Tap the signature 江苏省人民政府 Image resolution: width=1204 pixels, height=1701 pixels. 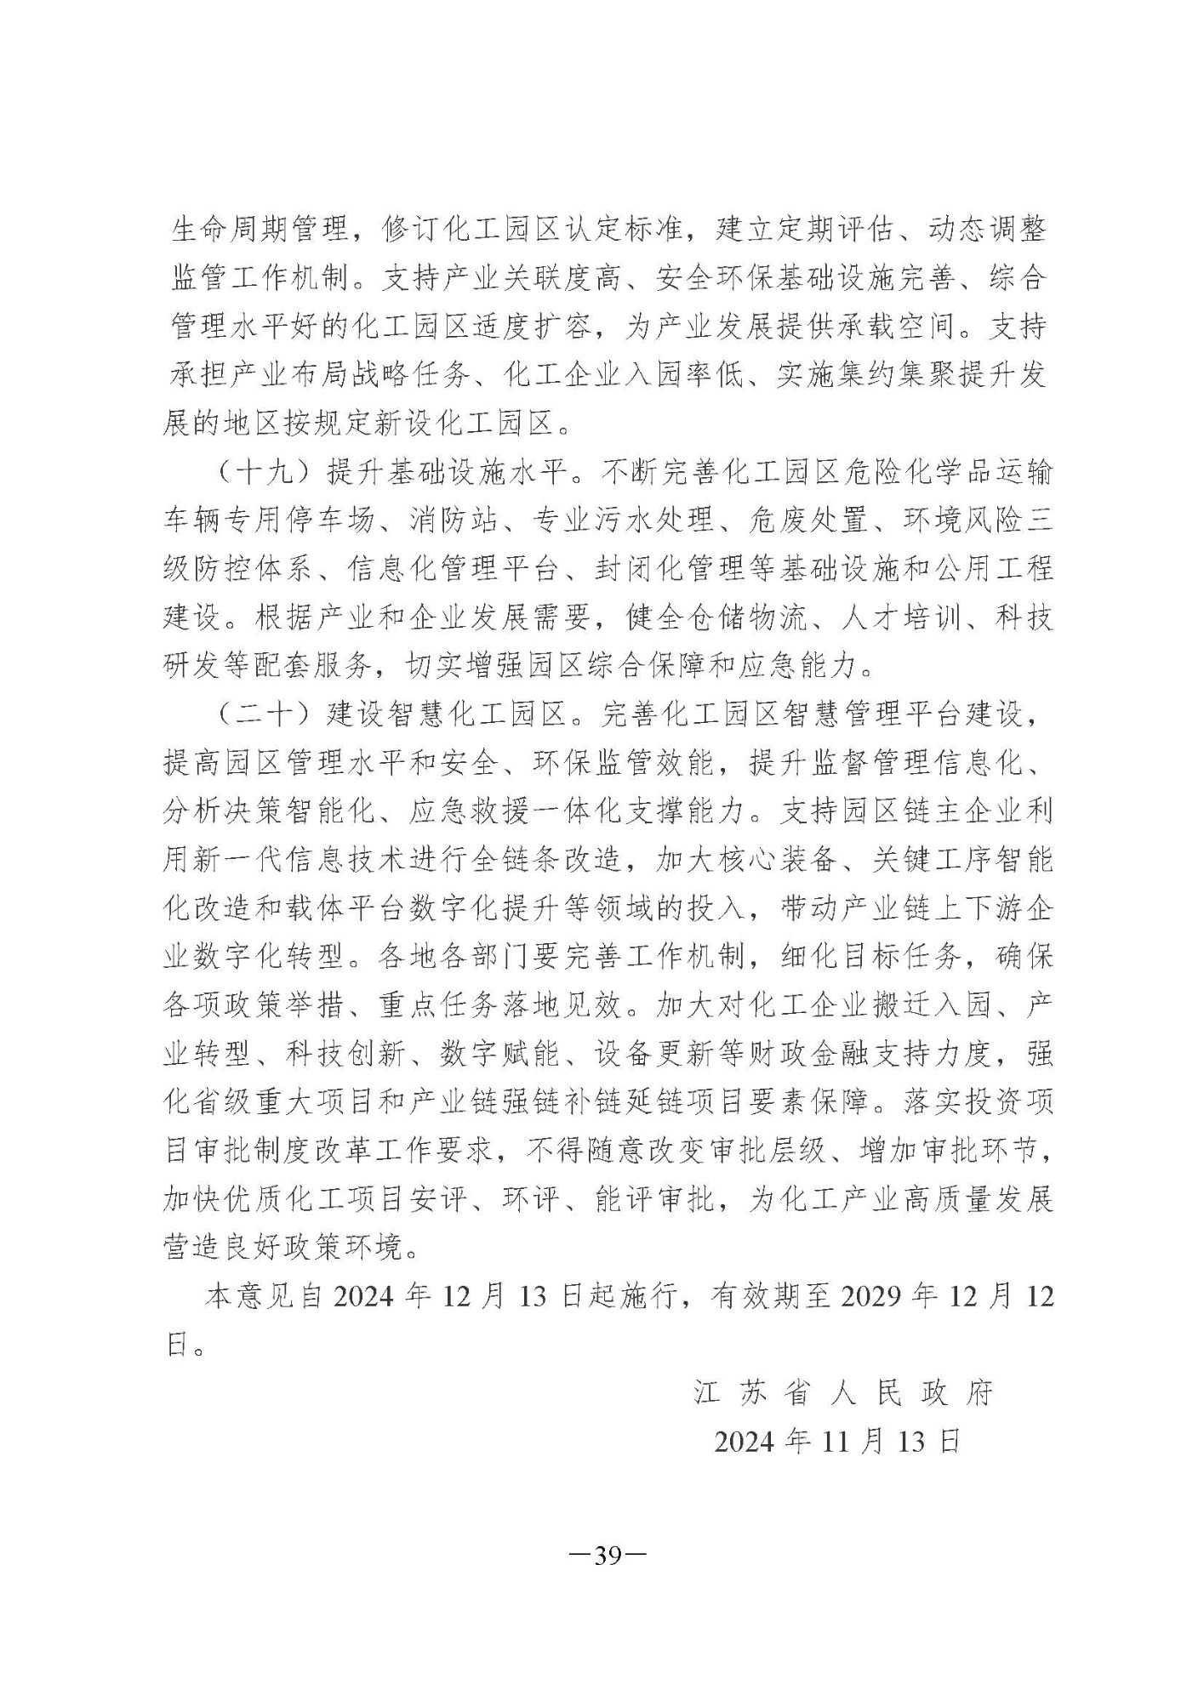[843, 1393]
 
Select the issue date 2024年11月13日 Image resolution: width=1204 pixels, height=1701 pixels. [837, 1441]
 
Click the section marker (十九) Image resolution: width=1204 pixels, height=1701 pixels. [261, 472]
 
